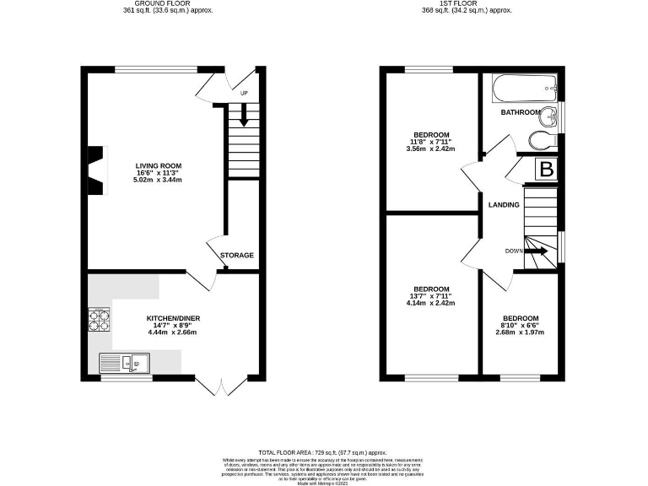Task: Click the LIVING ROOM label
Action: point(159,165)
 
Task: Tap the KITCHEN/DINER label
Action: point(173,318)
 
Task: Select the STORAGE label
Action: point(237,255)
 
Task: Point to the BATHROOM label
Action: point(521,112)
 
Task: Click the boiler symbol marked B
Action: point(547,170)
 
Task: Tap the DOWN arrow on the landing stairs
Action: point(537,251)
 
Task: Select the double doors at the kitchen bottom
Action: point(223,386)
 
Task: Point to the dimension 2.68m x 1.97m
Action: point(520,332)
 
